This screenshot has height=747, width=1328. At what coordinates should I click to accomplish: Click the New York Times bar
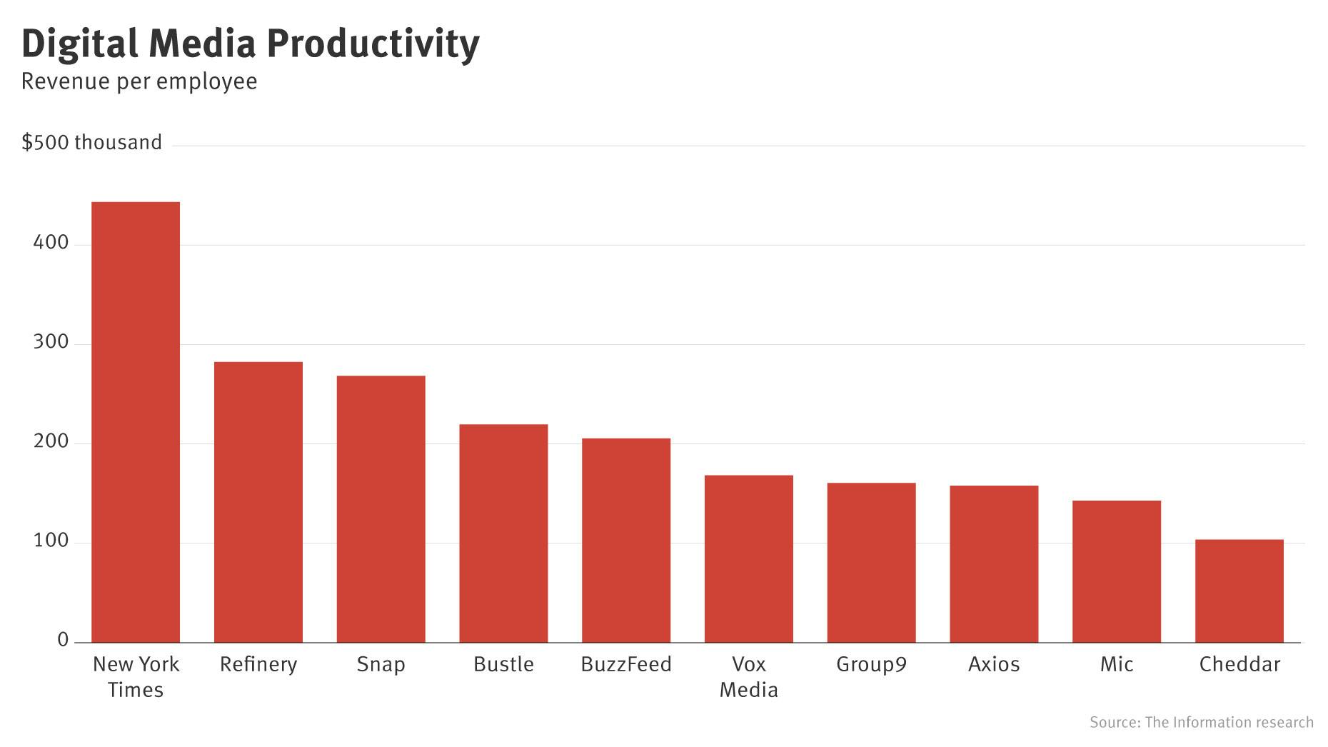click(x=136, y=422)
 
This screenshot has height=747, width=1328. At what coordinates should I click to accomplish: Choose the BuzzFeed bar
click(x=626, y=540)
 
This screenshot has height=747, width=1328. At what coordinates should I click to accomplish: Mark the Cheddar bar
click(x=1239, y=591)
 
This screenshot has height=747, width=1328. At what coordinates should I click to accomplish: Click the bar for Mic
click(x=1116, y=571)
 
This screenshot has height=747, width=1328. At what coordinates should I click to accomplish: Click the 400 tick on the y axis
click(x=51, y=243)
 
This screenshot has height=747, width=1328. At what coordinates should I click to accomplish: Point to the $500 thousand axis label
click(x=92, y=142)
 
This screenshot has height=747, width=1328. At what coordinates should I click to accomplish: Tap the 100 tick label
click(x=51, y=541)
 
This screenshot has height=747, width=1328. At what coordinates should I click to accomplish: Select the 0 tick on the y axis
click(x=63, y=640)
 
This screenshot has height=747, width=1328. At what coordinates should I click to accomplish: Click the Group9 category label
click(x=871, y=664)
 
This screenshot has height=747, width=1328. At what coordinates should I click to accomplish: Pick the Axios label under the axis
click(x=993, y=664)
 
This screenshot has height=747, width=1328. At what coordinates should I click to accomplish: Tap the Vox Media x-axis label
click(x=748, y=677)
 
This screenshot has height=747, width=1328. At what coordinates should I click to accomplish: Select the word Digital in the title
click(x=79, y=44)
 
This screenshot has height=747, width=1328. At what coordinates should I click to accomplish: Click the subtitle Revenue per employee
click(x=139, y=81)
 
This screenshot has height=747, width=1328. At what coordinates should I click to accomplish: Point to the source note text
click(x=1201, y=722)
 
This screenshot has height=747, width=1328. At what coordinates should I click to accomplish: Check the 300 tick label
click(x=51, y=342)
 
